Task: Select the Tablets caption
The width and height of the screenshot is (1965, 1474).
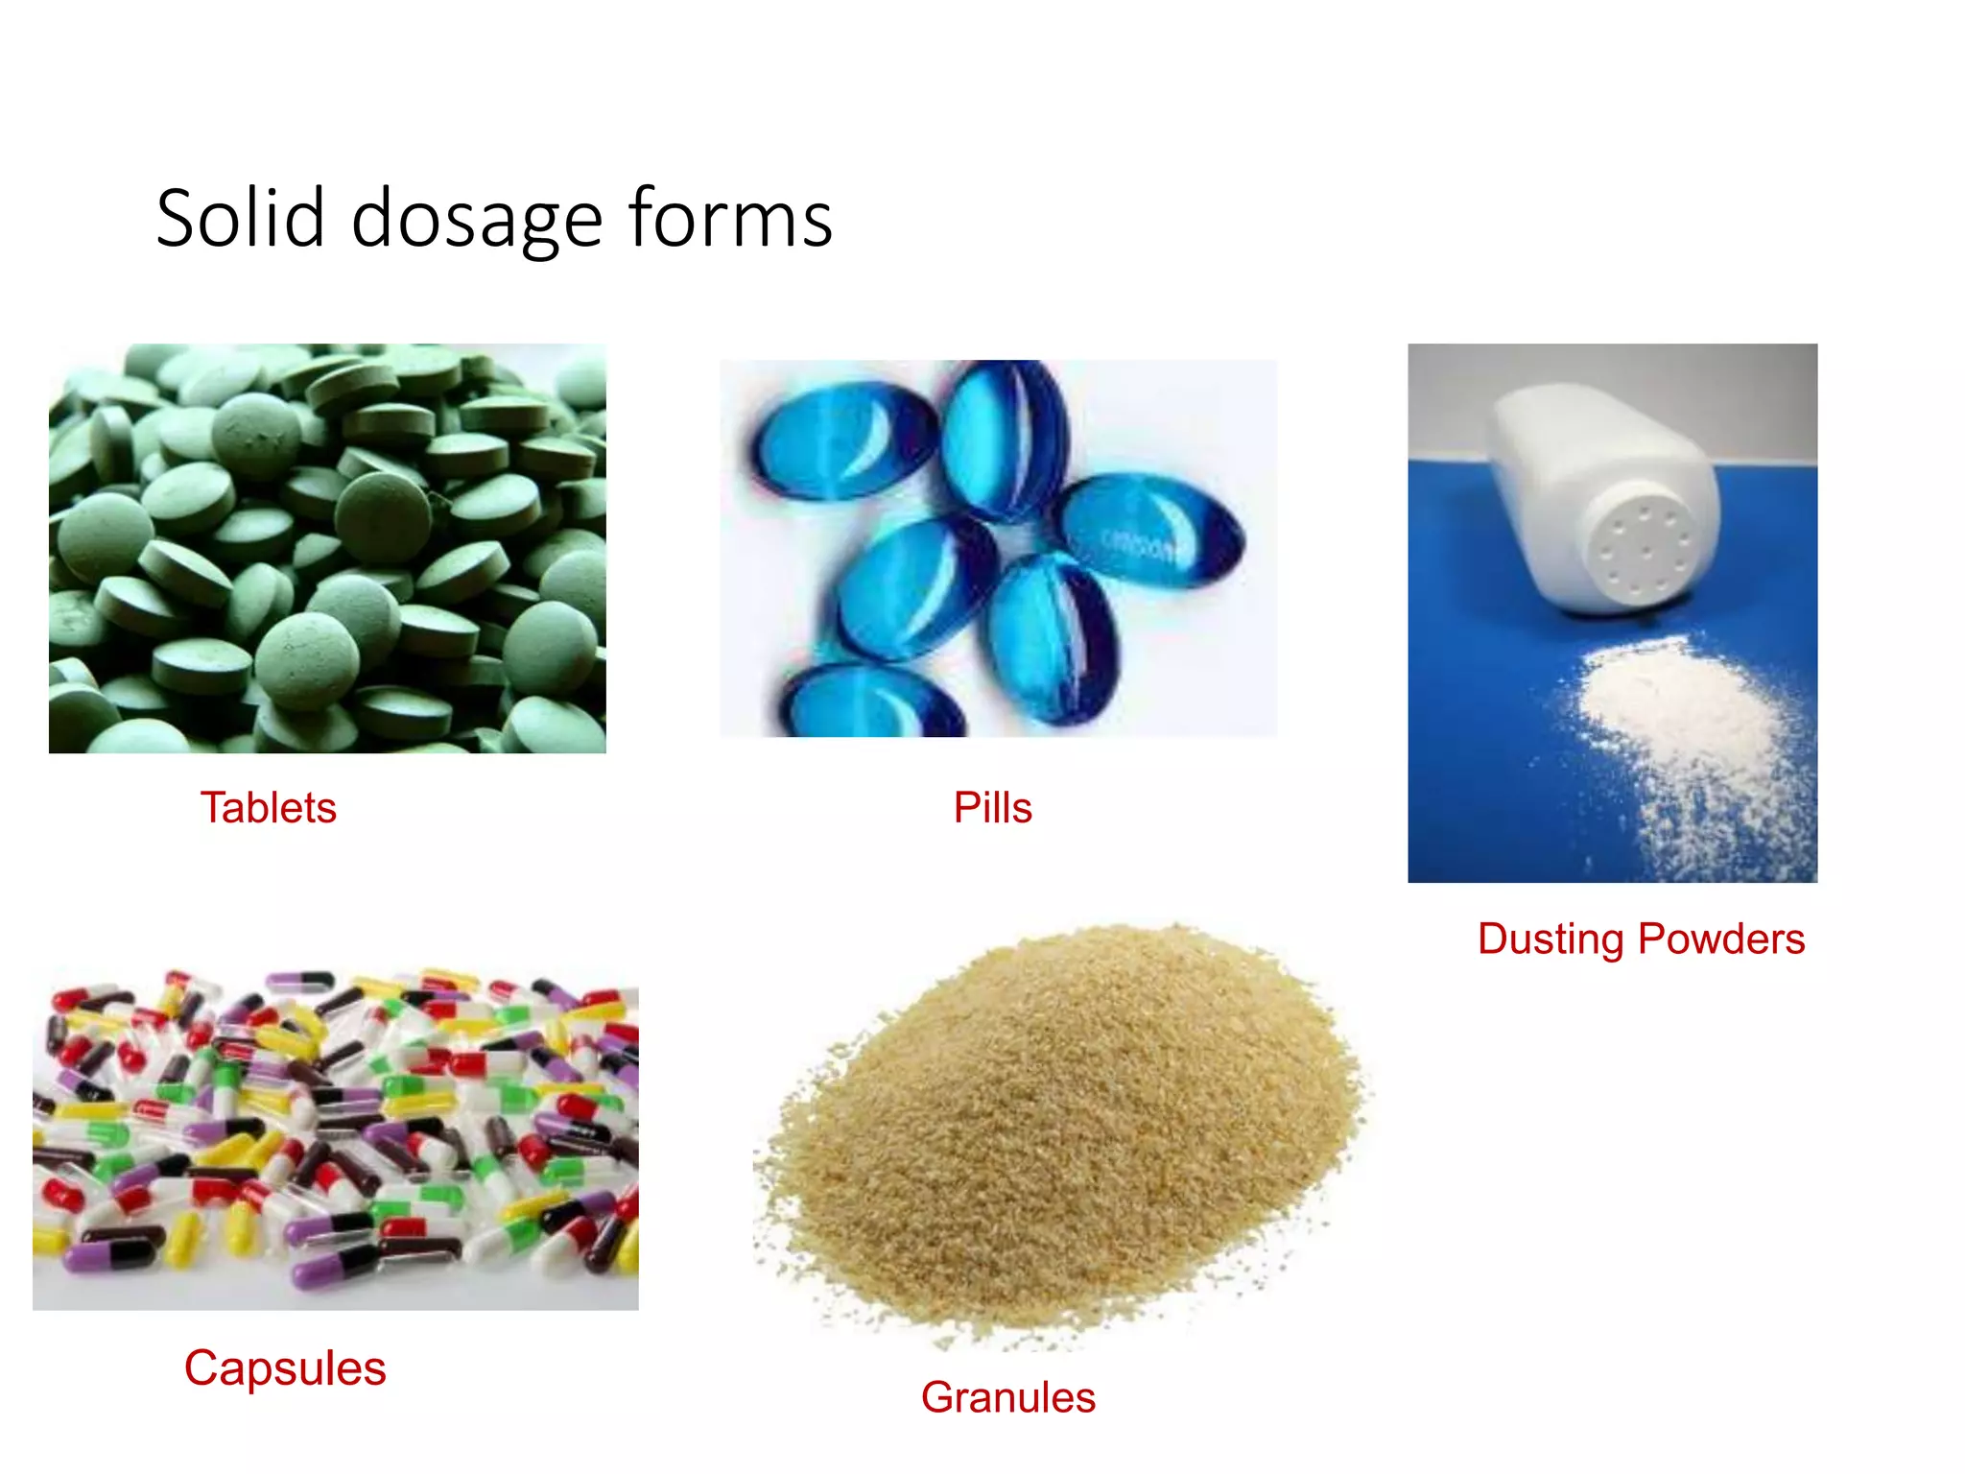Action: click(x=269, y=808)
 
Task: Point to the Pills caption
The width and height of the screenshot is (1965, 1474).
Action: click(x=992, y=808)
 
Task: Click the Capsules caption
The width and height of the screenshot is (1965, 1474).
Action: click(x=285, y=1368)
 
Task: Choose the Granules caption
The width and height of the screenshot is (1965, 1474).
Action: click(x=1007, y=1397)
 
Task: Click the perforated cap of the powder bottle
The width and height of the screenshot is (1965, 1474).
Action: click(x=1644, y=553)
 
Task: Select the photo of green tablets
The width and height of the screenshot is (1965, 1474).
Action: click(x=327, y=548)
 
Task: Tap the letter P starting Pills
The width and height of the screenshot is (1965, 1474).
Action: click(x=964, y=808)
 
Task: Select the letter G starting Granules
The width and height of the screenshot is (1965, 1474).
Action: click(x=937, y=1397)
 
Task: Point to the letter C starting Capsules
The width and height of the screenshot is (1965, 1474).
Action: click(x=201, y=1368)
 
